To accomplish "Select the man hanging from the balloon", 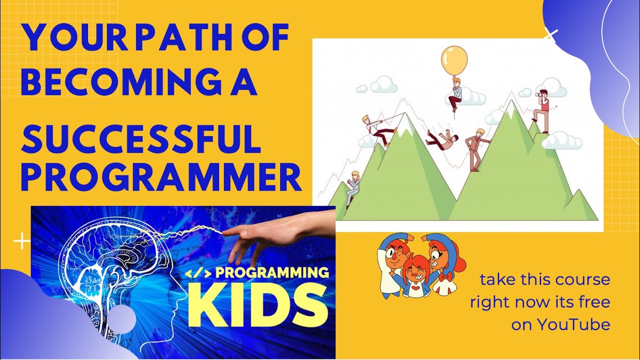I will tap(455, 95).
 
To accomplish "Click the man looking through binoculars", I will tap(542, 110).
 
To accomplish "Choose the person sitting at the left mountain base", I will tap(353, 187).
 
